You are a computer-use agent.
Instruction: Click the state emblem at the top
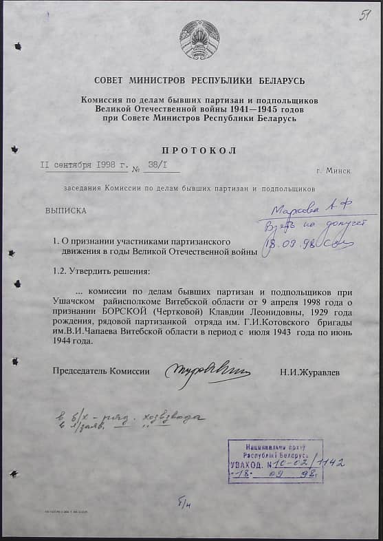[x=199, y=40]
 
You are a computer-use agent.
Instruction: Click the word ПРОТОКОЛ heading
[x=199, y=151]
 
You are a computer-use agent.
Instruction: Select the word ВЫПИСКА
[x=66, y=213]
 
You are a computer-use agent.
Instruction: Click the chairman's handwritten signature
[x=206, y=374]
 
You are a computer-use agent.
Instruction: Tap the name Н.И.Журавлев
[x=309, y=372]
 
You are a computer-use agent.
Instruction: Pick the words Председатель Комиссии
[x=101, y=372]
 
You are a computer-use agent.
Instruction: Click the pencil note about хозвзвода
[x=131, y=417]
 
